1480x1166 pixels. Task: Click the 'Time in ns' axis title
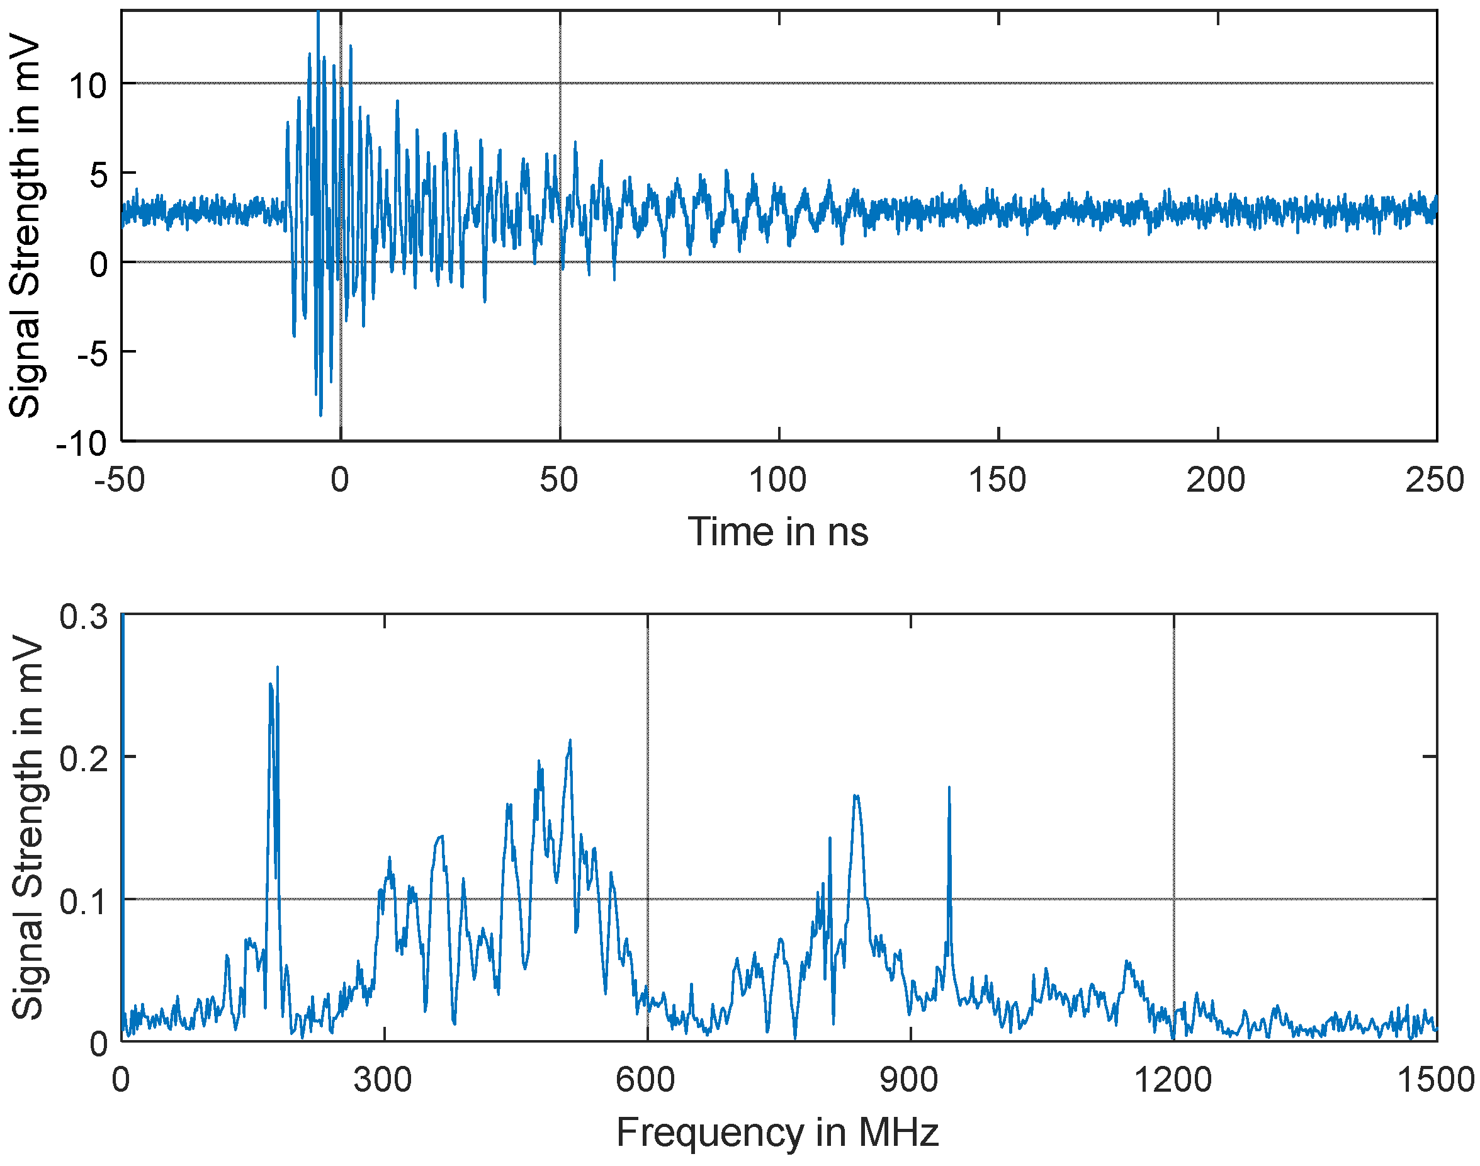pyautogui.click(x=777, y=532)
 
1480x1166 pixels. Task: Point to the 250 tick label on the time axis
pyautogui.click(x=1434, y=480)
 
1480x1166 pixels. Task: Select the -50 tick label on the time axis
pyautogui.click(x=120, y=480)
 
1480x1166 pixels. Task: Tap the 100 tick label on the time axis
pyautogui.click(x=777, y=480)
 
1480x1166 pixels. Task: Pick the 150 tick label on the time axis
pyautogui.click(x=997, y=480)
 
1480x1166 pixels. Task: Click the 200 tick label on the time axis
pyautogui.click(x=1216, y=480)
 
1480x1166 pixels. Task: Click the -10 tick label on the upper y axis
pyautogui.click(x=81, y=444)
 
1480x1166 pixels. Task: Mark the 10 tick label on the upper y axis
pyautogui.click(x=88, y=86)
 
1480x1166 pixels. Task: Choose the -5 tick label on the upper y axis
pyautogui.click(x=91, y=354)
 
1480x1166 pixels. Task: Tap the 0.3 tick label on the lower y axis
pyautogui.click(x=83, y=617)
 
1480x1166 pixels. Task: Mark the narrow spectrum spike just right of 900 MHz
pyautogui.click(x=949, y=789)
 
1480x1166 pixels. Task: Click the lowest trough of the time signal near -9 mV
pyautogui.click(x=321, y=414)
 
